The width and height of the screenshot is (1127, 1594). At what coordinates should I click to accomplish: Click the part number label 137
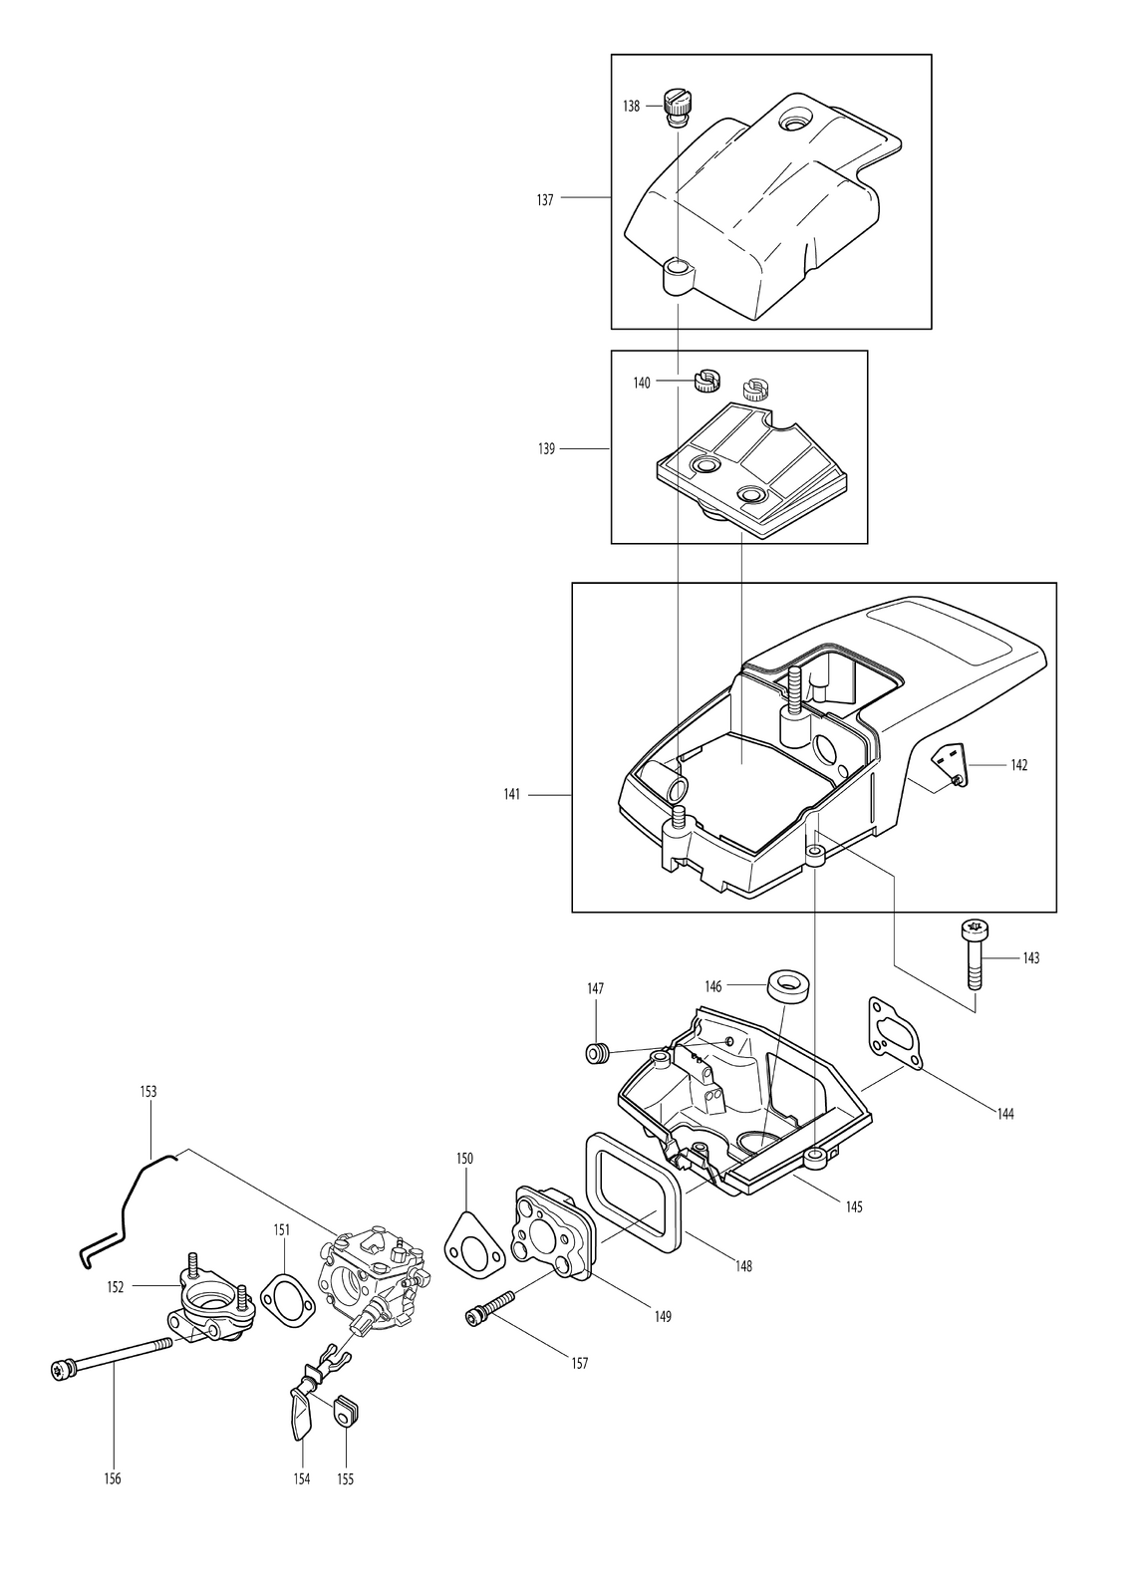tap(545, 200)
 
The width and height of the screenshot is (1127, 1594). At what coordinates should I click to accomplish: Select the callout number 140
tap(642, 383)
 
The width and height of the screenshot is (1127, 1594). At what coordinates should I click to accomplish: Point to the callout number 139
tap(546, 449)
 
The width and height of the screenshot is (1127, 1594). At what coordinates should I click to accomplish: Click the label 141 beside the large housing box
tap(511, 794)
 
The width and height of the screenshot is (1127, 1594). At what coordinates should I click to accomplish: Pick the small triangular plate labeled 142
tap(949, 763)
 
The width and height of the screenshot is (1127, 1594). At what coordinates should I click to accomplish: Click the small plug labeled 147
tap(598, 1052)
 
